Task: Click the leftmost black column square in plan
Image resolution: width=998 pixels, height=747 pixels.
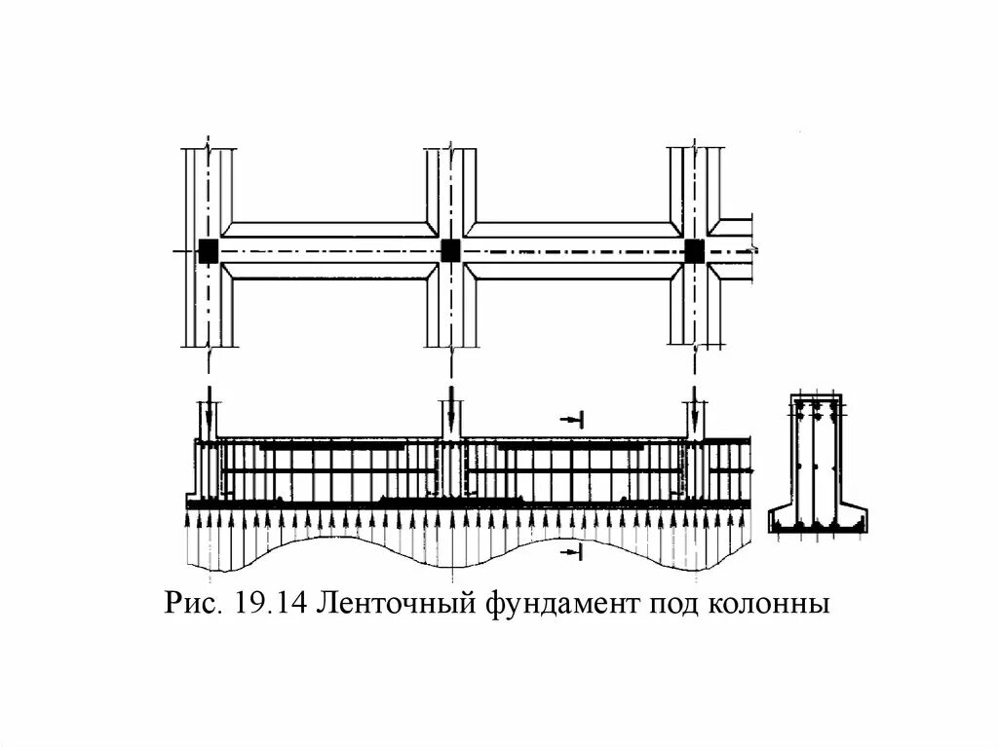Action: click(208, 250)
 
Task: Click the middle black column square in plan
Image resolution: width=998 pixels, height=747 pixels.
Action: click(450, 250)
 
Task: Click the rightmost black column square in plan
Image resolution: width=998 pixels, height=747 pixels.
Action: click(694, 250)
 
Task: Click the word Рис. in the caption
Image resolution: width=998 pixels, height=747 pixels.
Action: click(196, 605)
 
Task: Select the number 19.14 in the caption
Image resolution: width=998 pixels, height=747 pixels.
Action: click(271, 605)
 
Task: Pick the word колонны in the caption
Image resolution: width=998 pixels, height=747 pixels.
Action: click(770, 605)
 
